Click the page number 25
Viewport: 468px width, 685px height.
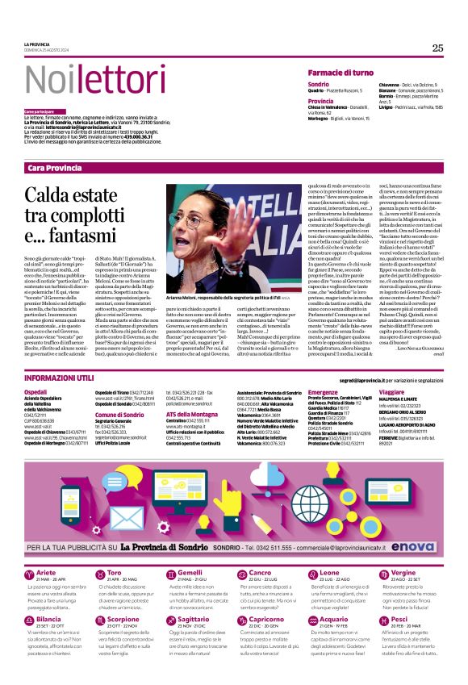point(437,48)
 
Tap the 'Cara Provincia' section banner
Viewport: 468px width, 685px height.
point(55,167)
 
